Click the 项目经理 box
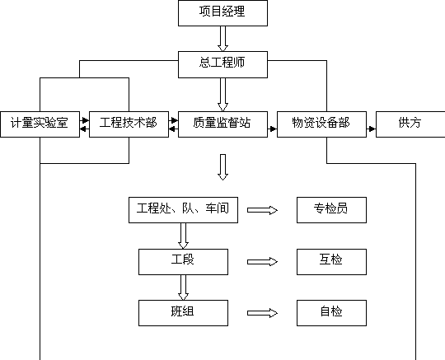coord(222,13)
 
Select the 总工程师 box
coord(222,65)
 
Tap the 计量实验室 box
coord(40,124)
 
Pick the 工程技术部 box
coord(129,124)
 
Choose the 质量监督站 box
coord(222,124)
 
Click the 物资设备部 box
coord(321,124)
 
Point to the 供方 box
coord(410,124)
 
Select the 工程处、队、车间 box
coord(183,210)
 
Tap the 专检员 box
coord(331,210)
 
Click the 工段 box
coord(183,262)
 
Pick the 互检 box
coord(331,262)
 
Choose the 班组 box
coord(183,313)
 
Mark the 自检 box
coord(331,313)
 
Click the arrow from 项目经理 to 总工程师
coord(222,39)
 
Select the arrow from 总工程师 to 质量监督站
coord(222,95)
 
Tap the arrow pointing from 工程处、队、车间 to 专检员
coord(262,210)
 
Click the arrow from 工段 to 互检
coord(262,262)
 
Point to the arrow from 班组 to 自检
coord(262,313)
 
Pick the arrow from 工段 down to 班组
coord(183,288)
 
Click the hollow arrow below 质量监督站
coord(222,167)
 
